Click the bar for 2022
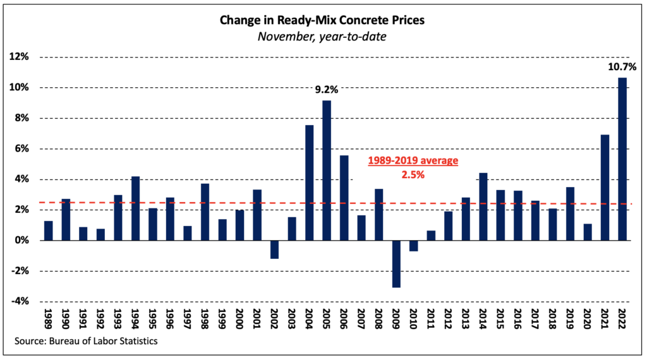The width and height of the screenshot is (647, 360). coord(622,159)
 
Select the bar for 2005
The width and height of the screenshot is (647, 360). coord(327,171)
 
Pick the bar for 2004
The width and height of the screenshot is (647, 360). coord(310,183)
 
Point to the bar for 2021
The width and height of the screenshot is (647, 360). coord(605,188)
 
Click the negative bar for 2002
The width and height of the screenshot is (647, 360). coord(274,249)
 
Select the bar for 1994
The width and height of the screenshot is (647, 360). coord(135,208)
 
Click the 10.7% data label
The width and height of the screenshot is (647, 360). coord(622,65)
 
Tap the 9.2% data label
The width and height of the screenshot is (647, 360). coord(327,90)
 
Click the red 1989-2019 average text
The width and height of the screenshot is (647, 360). coord(413,161)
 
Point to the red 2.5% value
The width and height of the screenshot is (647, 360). coord(413,174)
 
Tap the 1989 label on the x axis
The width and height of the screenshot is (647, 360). coord(49,319)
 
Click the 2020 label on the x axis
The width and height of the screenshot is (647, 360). coord(588,319)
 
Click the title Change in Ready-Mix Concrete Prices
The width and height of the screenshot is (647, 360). coord(323,20)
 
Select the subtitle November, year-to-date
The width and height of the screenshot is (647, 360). coord(323,36)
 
